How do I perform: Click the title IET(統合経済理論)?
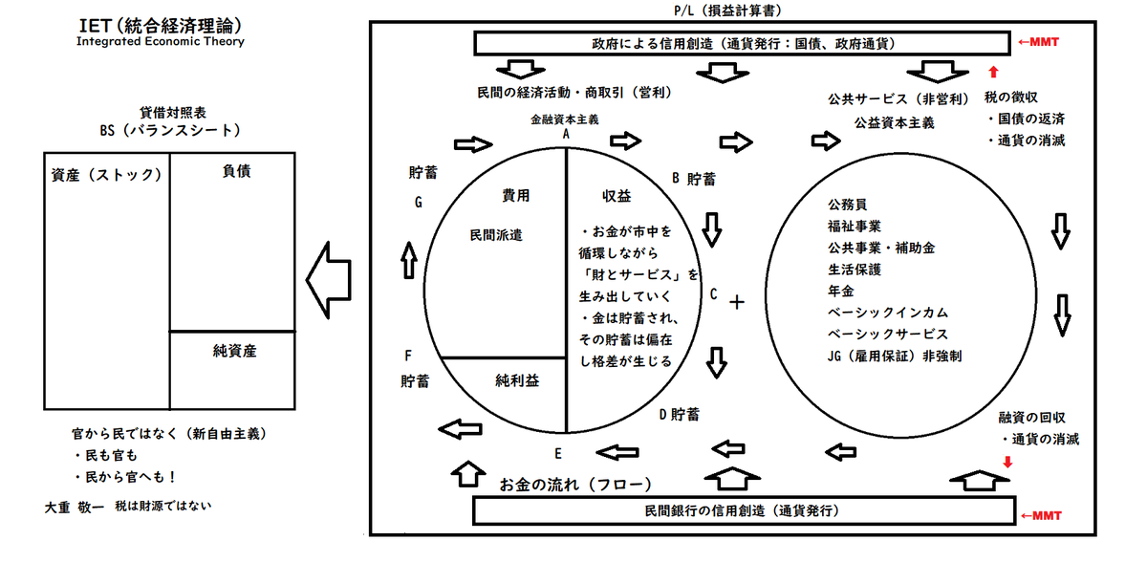tap(161, 26)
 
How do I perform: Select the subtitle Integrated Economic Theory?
tap(161, 41)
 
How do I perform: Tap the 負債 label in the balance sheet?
tap(237, 171)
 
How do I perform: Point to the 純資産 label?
tap(234, 351)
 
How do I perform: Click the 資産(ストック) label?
tap(106, 175)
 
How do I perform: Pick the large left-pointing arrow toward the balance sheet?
tap(329, 280)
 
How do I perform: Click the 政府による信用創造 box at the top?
tap(742, 44)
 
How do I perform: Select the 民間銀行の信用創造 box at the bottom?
tap(744, 510)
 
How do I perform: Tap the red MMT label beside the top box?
tap(1038, 42)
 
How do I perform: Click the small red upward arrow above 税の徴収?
tap(993, 72)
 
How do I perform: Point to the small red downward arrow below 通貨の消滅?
tap(1007, 462)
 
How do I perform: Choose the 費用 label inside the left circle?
tap(515, 196)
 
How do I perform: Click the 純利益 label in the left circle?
tap(517, 380)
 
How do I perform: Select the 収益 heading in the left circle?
tap(617, 196)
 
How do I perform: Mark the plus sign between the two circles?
tap(737, 302)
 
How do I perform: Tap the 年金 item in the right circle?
tap(841, 292)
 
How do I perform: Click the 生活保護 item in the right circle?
tap(855, 270)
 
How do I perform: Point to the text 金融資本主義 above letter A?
tap(564, 119)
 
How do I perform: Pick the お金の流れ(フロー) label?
tap(575, 485)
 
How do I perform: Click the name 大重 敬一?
tap(75, 508)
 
